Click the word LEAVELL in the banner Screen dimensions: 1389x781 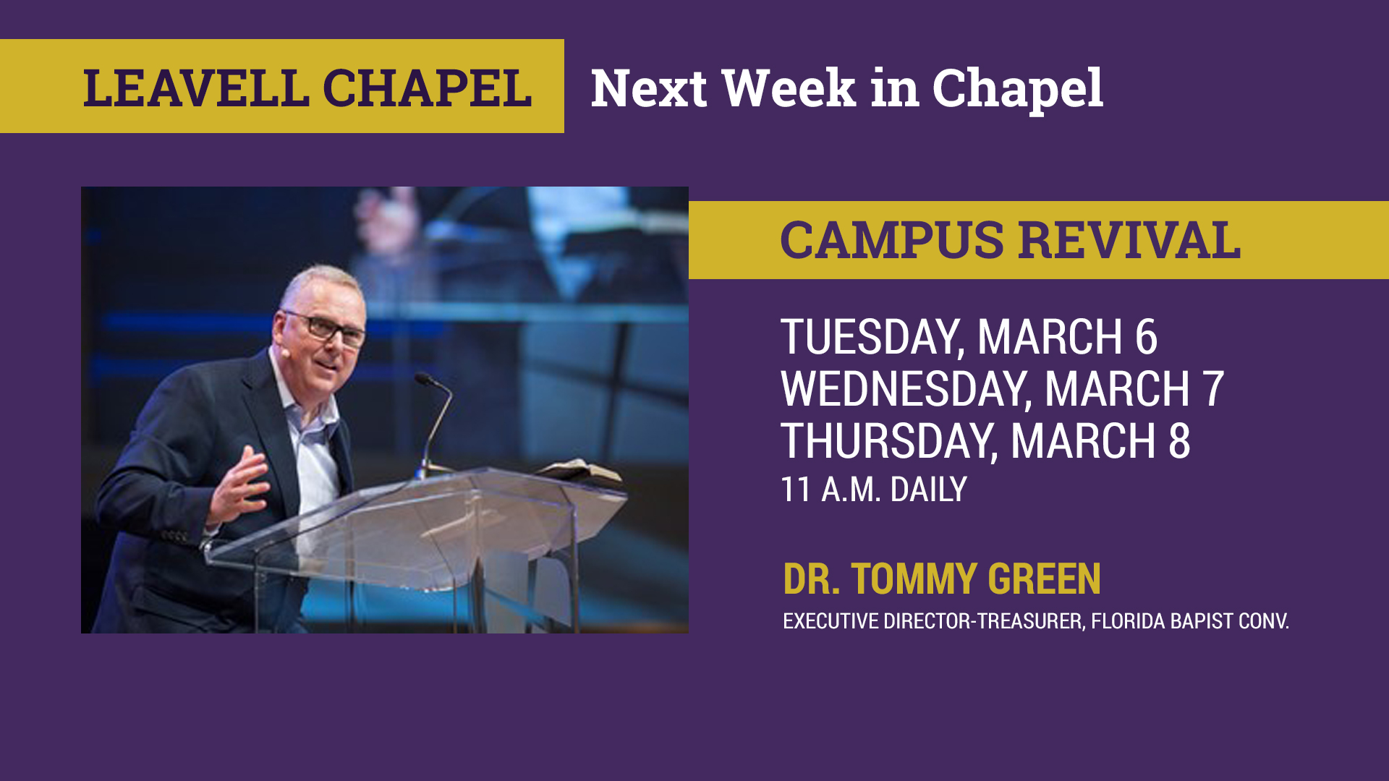196,88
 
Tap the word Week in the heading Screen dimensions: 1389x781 789,88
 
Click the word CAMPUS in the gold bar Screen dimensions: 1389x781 892,240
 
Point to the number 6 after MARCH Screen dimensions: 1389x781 1147,337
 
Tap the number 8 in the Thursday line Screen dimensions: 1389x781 1179,441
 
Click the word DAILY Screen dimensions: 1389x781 928,490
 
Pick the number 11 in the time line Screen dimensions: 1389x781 796,490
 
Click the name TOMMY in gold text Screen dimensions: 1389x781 914,579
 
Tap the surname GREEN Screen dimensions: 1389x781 1044,579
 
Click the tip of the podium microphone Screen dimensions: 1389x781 420,377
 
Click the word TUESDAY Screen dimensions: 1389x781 872,338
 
